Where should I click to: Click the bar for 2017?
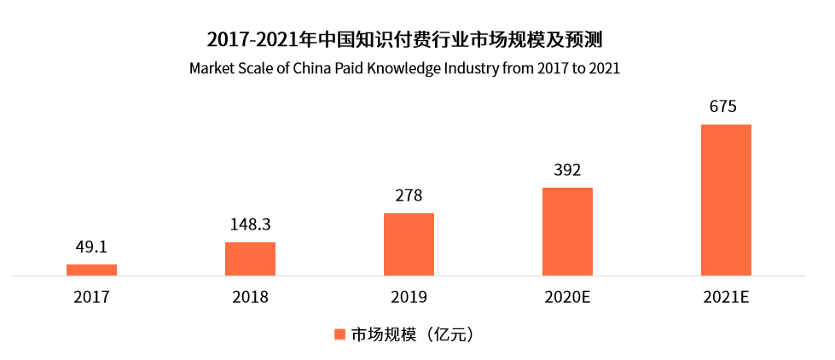[91, 270]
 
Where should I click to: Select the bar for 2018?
[250, 258]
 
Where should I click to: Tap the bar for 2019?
[409, 244]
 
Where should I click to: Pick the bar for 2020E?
[567, 231]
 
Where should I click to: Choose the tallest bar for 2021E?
[726, 200]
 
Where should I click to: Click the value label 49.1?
[91, 247]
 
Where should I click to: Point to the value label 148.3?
[250, 224]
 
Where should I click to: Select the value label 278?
[409, 195]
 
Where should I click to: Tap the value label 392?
[567, 170]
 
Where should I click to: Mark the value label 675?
[726, 107]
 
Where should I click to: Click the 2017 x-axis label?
[91, 298]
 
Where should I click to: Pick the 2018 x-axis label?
[250, 298]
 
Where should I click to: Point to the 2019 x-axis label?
[409, 298]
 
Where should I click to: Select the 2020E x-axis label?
[567, 298]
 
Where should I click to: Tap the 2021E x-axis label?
[726, 298]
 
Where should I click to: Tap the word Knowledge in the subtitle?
[403, 67]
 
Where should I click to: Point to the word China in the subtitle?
[312, 67]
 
